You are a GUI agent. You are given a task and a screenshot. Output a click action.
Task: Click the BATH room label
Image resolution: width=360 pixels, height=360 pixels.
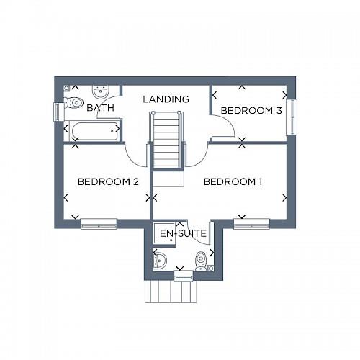pyautogui.click(x=101, y=108)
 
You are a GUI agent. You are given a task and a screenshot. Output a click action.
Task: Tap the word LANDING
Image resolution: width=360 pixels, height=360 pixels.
pyautogui.click(x=166, y=99)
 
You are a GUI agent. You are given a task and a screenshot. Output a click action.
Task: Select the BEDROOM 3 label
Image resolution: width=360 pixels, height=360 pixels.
pyautogui.click(x=251, y=110)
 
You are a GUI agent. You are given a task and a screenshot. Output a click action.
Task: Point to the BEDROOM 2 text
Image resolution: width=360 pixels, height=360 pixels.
pyautogui.click(x=108, y=182)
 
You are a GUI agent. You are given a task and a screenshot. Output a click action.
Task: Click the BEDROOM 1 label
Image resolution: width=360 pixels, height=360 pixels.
pyautogui.click(x=233, y=182)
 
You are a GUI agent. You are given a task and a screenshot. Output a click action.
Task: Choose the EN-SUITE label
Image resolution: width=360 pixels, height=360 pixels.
pyautogui.click(x=183, y=234)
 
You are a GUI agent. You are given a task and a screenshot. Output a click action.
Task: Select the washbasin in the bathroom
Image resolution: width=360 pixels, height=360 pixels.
pyautogui.click(x=100, y=91)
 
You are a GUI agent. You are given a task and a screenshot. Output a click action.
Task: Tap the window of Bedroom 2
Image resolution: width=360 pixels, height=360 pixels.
pyautogui.click(x=99, y=224)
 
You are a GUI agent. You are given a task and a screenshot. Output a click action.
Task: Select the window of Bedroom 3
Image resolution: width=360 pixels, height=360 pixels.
pyautogui.click(x=292, y=116)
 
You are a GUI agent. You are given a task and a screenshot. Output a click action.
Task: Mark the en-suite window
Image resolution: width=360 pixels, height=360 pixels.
pyautogui.click(x=184, y=275)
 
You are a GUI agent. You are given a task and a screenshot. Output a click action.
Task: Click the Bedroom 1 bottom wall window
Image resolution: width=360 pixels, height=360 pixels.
pyautogui.click(x=251, y=224)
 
